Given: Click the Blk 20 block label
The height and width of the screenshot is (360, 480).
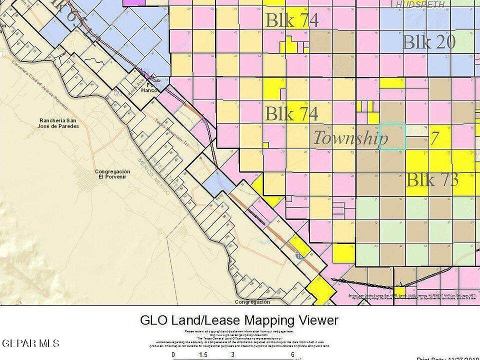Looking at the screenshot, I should click(428, 42).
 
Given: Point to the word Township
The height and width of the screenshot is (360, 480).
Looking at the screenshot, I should click(350, 137).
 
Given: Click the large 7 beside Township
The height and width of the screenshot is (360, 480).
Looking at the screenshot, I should click(434, 138).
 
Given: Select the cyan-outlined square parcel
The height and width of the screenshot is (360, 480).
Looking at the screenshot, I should click(393, 136).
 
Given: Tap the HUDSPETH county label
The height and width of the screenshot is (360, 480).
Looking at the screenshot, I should click(420, 4).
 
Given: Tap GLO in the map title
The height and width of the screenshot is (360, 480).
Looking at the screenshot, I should click(153, 320).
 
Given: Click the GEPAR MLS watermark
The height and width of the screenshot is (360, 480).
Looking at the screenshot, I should click(30, 343).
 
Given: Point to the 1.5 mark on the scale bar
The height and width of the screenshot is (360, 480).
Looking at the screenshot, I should click(203, 354).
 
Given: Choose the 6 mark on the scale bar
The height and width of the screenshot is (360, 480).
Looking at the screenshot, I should click(292, 354).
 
